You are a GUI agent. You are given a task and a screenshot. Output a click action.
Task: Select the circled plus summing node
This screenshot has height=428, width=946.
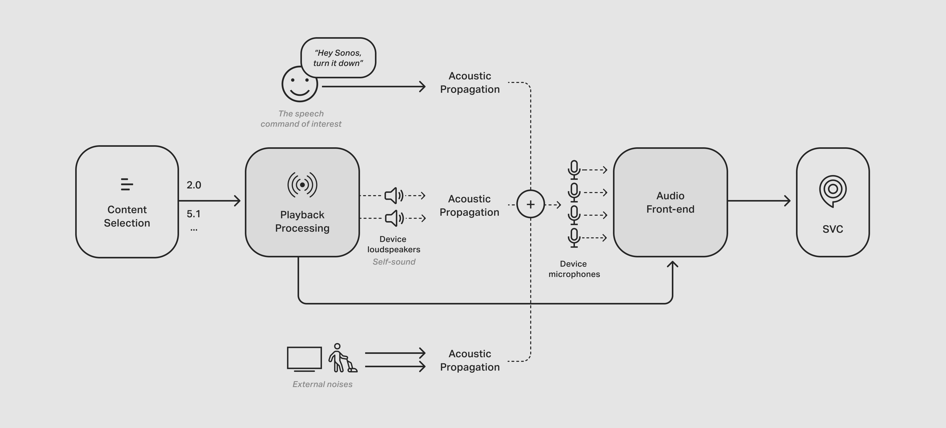pos(530,204)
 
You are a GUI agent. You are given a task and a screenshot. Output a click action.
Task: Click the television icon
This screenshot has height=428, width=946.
pos(304,358)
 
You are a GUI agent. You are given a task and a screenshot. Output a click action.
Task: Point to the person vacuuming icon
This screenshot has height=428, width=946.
pos(341,358)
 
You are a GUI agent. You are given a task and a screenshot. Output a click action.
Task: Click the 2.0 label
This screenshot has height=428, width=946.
pos(194,185)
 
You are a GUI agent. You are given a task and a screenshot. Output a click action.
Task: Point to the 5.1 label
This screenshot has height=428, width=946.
pos(194,214)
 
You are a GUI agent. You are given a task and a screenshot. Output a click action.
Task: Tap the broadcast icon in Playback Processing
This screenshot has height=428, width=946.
pos(302,184)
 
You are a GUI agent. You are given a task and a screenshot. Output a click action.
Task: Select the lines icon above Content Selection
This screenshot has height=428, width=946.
pos(126,184)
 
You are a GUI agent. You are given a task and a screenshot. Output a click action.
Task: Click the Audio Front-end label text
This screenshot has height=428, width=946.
pos(670,202)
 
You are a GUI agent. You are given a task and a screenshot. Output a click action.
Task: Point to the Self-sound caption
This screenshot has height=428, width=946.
pos(394,262)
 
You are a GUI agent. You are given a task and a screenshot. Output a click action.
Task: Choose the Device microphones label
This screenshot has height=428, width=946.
pos(574,269)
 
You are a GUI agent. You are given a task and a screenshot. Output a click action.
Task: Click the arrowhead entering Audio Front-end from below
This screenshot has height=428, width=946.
pos(672,264)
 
